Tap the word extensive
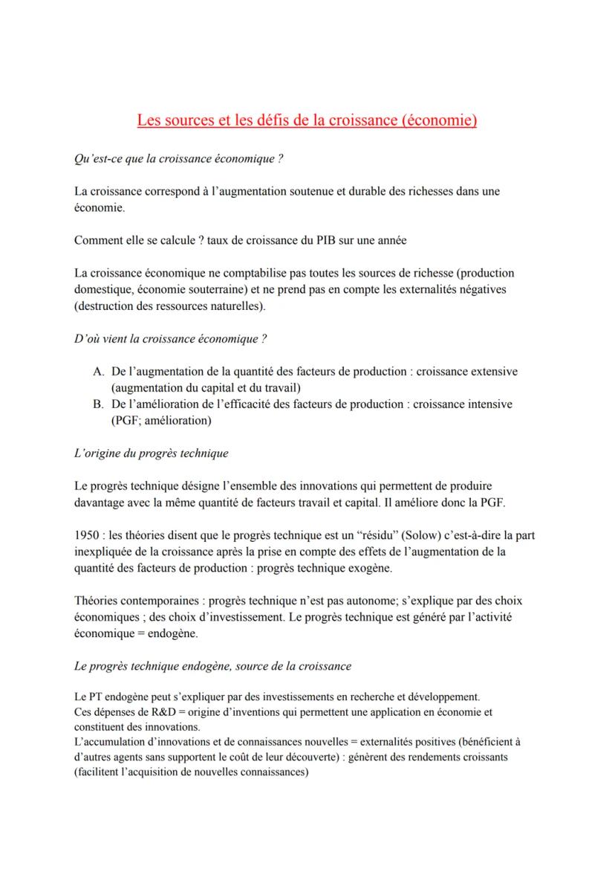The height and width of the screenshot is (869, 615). click(x=493, y=371)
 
